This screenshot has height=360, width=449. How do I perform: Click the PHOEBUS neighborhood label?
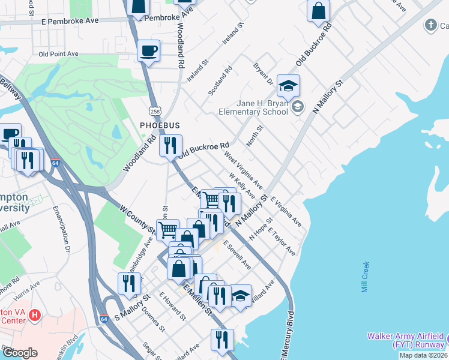click(160, 125)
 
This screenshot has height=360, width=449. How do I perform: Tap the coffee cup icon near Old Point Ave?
click(148, 51)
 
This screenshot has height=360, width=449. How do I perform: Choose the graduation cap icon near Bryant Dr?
click(288, 86)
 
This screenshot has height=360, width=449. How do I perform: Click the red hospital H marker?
click(35, 314)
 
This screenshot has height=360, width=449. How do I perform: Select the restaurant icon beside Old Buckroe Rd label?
click(170, 146)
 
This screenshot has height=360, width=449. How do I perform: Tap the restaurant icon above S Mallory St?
click(129, 283)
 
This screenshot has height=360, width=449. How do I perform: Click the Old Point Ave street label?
click(58, 53)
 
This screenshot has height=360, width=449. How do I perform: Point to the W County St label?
click(137, 219)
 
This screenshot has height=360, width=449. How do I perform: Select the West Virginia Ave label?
click(243, 169)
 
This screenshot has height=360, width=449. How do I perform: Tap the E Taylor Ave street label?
click(282, 241)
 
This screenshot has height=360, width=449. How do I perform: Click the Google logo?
click(20, 353)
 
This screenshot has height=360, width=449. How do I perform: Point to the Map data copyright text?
click(423, 355)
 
